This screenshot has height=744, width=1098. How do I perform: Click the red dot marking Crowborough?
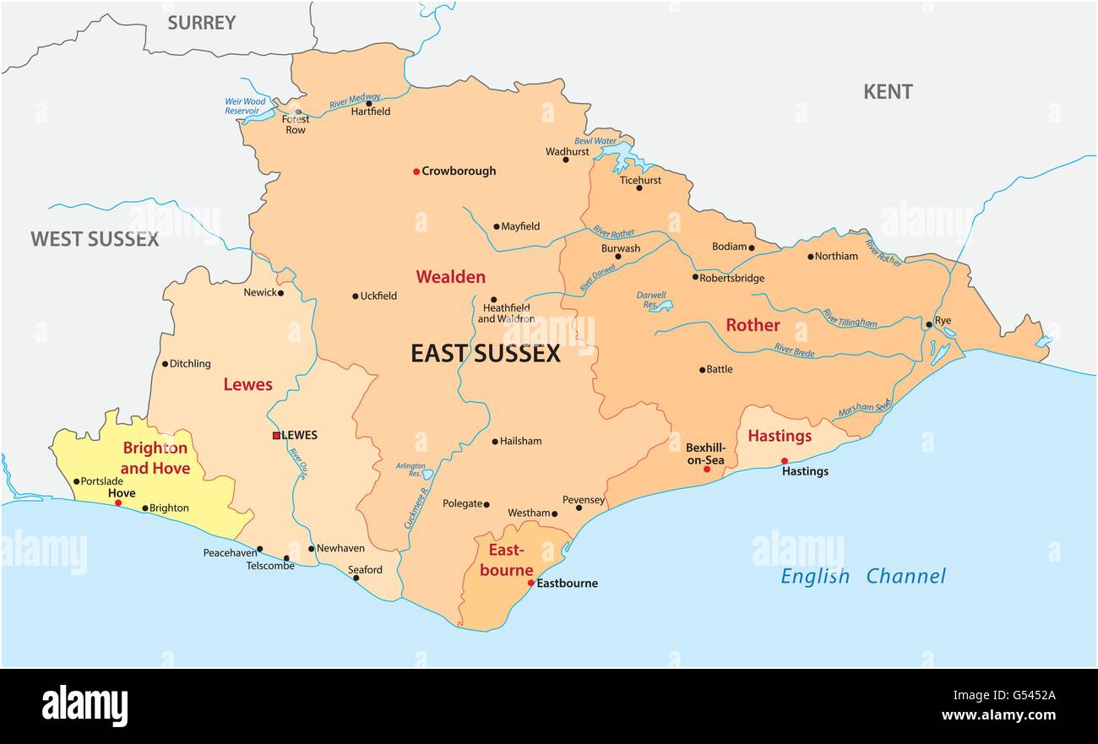(416, 171)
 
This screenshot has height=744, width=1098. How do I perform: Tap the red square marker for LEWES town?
(276, 436)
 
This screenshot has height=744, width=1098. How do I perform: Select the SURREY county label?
(201, 23)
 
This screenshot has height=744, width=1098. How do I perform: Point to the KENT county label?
(887, 92)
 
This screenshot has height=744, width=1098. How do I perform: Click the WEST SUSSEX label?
(95, 239)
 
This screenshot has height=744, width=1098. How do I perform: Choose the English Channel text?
(862, 577)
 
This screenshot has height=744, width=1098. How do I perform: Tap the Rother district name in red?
(753, 325)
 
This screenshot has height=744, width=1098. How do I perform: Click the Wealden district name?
(450, 277)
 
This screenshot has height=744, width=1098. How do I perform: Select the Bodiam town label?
(729, 247)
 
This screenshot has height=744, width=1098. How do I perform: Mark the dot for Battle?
(702, 369)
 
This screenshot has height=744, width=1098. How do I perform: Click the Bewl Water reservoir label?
(595, 141)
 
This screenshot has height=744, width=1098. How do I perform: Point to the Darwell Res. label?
(650, 300)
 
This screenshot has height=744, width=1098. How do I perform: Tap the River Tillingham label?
(849, 318)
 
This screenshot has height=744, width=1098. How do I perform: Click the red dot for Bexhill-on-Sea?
(707, 469)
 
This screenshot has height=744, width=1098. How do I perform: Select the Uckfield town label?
(378, 296)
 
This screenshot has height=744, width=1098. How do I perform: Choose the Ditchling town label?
(190, 364)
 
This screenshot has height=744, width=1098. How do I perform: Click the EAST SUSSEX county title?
(485, 354)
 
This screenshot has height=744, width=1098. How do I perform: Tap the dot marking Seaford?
(356, 578)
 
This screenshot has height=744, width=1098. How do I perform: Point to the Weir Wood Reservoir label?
(245, 106)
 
